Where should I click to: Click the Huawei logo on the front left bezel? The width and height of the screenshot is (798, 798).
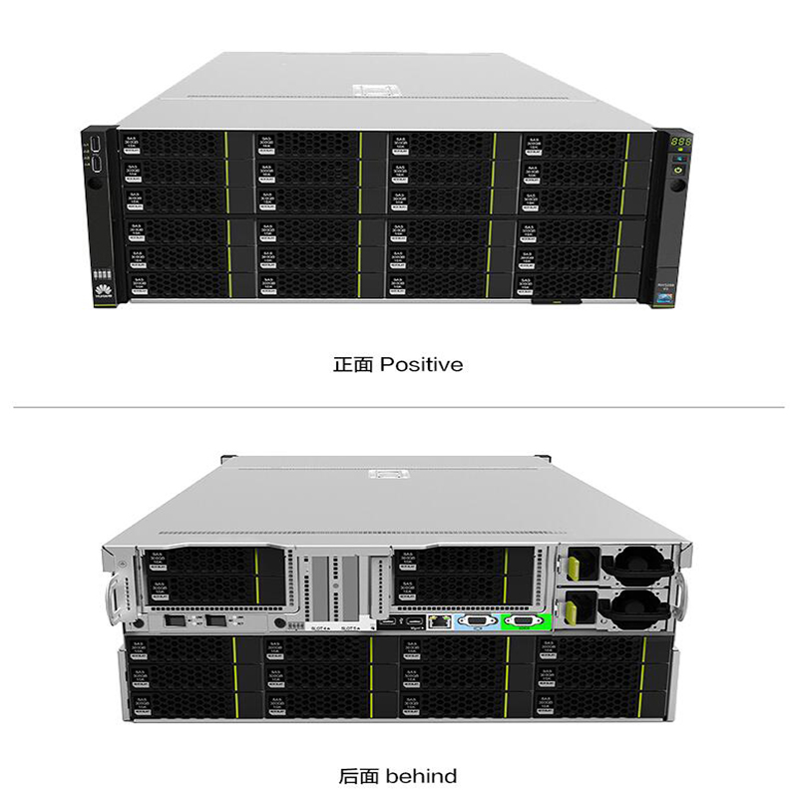[100, 288]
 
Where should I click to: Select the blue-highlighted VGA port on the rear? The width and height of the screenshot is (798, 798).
[476, 621]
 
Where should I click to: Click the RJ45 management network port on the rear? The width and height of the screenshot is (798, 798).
[437, 620]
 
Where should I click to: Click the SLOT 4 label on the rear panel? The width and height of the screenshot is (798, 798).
[321, 629]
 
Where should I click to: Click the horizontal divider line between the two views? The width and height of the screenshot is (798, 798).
[399, 407]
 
